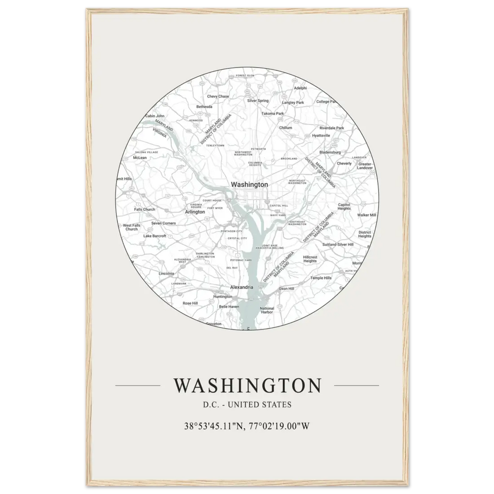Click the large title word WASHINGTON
[x=247, y=386]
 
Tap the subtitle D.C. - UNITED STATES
[x=247, y=405]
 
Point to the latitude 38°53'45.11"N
[x=213, y=426]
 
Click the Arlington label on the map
[x=195, y=211]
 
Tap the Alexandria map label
[x=242, y=287]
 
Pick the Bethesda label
[x=204, y=107]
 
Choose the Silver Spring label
[x=258, y=101]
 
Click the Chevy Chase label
[x=218, y=96]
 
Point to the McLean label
[x=140, y=158]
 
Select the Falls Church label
[x=145, y=209]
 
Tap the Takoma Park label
[x=273, y=113]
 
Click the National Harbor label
[x=267, y=310]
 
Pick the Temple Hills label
[x=321, y=278]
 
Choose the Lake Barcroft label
[x=155, y=236]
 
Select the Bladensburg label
[x=330, y=152]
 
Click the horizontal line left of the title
[x=137, y=385]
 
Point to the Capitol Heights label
[x=344, y=206]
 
